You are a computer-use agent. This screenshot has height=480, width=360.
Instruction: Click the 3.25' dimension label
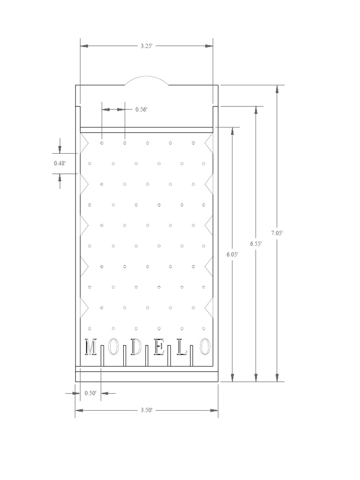(x=147, y=46)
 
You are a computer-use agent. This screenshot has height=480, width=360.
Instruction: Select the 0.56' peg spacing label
(x=141, y=109)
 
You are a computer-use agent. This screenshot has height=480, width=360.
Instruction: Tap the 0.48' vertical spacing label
(x=60, y=164)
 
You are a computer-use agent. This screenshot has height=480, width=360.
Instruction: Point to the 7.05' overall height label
(x=277, y=233)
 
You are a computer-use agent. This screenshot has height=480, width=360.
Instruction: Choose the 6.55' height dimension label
(x=255, y=244)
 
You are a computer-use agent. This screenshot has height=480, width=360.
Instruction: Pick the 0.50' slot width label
(x=90, y=393)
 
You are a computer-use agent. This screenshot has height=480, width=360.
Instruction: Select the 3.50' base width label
(x=146, y=410)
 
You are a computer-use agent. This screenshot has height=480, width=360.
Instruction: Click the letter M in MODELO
(x=90, y=347)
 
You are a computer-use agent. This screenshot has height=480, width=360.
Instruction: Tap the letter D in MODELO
(x=136, y=347)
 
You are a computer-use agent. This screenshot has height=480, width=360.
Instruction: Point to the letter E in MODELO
(x=159, y=347)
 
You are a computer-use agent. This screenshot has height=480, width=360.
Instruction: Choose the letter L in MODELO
(x=182, y=347)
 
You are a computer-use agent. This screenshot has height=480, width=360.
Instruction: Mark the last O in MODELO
(x=205, y=347)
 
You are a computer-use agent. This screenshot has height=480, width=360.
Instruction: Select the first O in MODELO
(x=113, y=347)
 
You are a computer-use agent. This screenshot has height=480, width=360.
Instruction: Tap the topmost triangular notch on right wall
(x=210, y=142)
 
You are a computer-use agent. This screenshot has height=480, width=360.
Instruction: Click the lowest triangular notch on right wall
(x=210, y=307)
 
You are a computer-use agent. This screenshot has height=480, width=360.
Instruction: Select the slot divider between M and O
(x=102, y=359)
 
